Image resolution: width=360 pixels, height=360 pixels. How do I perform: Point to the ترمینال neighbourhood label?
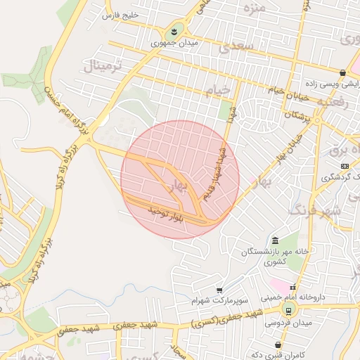coord(103,67)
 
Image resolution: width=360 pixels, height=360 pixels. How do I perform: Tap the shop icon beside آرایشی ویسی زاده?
coord(342,72)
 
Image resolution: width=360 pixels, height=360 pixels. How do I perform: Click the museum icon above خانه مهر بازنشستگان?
coord(274,241)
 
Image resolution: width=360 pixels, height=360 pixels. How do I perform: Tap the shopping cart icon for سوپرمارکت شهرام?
coord(219,290)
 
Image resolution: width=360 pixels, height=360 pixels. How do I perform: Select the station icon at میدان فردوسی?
coord(288,310)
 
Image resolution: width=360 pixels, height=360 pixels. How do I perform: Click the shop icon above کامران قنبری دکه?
coord(281,345)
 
